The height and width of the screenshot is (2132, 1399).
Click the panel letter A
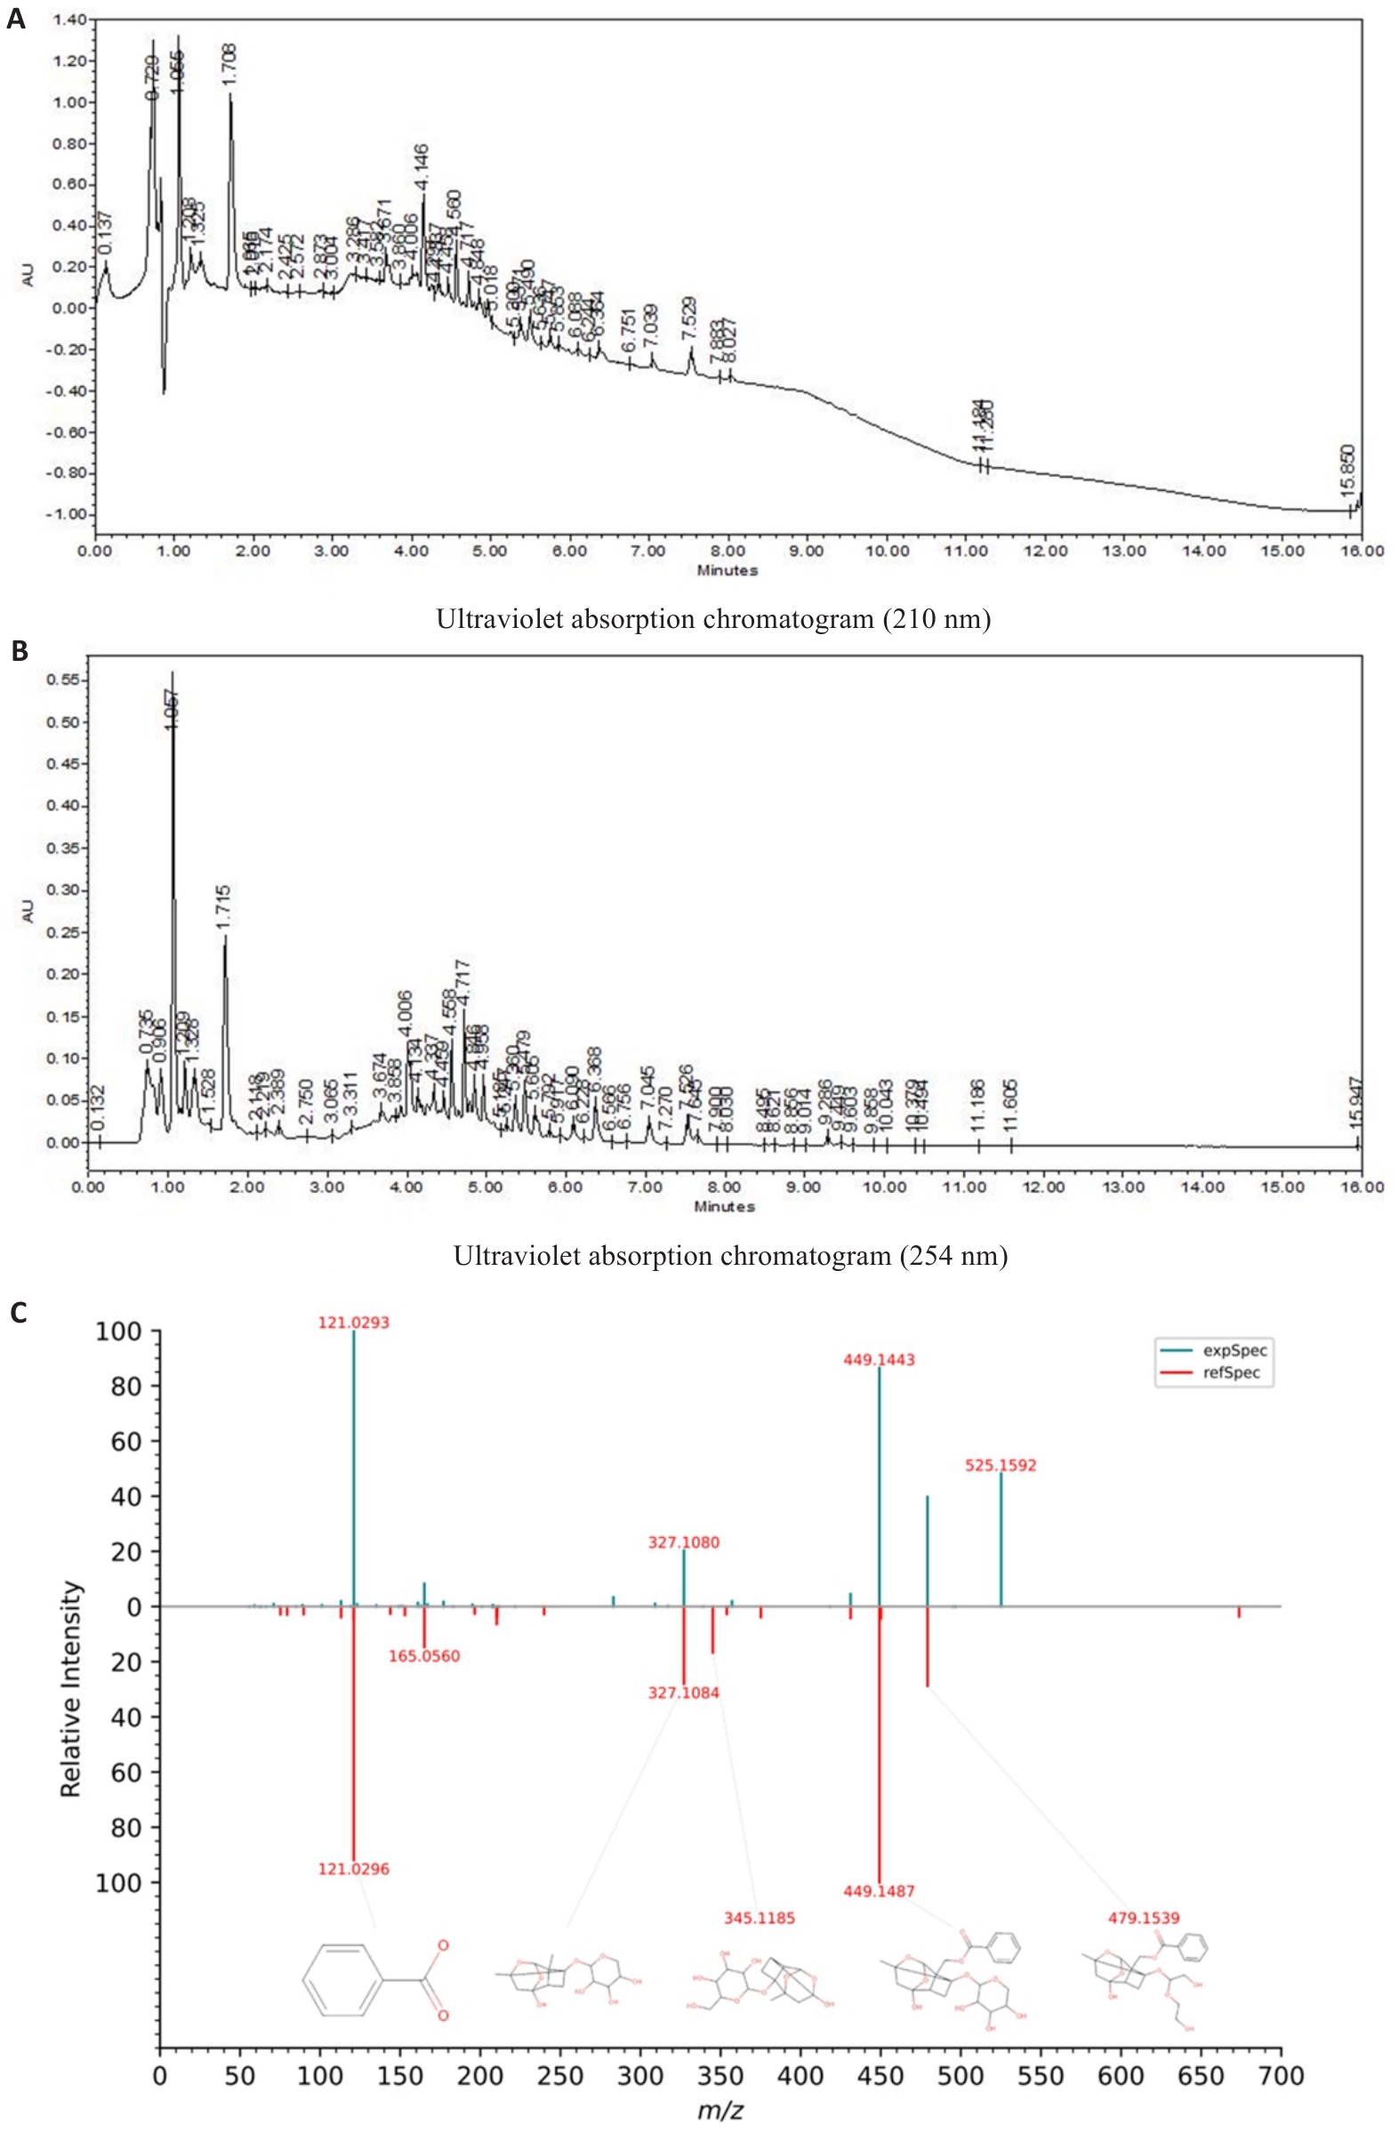[15, 19]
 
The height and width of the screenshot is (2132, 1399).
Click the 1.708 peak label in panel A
[230, 65]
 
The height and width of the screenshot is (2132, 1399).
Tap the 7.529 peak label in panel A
[688, 318]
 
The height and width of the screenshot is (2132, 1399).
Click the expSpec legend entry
[1234, 1351]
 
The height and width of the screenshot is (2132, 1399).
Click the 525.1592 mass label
[1001, 1466]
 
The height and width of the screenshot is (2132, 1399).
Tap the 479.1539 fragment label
[1144, 1918]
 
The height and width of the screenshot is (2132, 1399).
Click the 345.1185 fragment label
[759, 1918]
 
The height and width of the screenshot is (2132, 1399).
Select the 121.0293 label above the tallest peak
[354, 1323]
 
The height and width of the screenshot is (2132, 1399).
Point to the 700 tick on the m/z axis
[1281, 2077]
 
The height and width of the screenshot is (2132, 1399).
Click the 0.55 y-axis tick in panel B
[62, 680]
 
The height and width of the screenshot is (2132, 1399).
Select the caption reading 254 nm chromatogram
[730, 1256]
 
